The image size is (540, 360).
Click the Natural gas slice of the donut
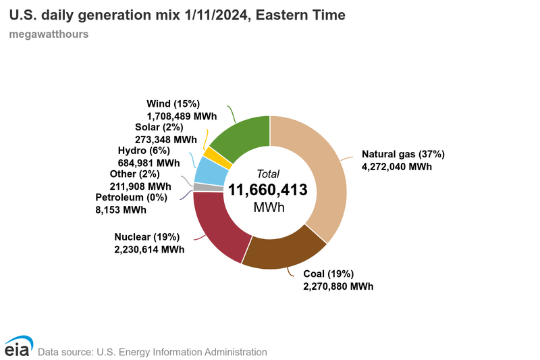point(317,169)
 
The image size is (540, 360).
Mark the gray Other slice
point(198,187)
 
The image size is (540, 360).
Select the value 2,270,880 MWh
point(338,286)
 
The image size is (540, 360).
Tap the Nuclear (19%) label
point(146,236)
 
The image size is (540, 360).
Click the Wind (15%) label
point(173,104)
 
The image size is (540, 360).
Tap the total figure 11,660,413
point(268,190)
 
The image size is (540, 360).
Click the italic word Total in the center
point(268,174)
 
